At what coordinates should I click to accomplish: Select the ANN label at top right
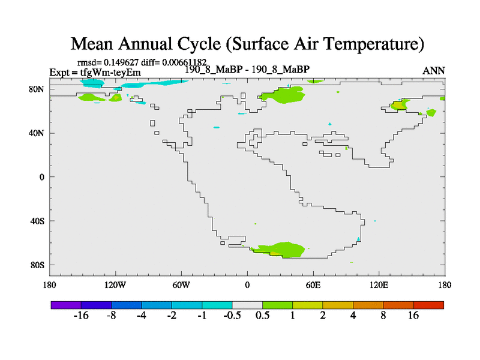point(434,71)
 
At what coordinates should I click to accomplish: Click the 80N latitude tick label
point(38,89)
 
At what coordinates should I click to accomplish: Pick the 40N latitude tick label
point(38,133)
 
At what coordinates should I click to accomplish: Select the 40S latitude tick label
point(38,221)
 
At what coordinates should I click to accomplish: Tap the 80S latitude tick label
point(38,265)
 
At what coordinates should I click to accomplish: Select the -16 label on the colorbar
point(81,316)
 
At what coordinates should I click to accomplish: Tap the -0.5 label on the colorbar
point(232,316)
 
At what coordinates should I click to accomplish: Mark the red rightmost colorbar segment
point(428,305)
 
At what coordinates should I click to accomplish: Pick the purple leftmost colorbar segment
point(66,305)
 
